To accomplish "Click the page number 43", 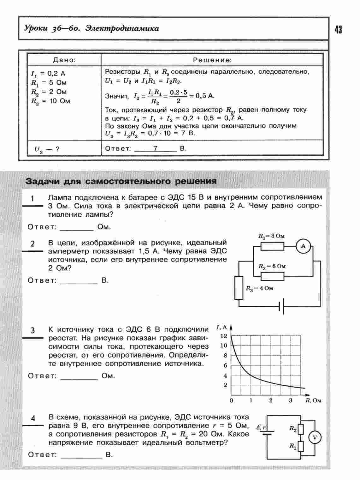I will click(338, 30).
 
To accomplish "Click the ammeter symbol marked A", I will click(303, 246).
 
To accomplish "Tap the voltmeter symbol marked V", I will click(315, 438).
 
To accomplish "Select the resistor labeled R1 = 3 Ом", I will click(272, 246).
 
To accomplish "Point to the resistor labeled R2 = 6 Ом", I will click(272, 276).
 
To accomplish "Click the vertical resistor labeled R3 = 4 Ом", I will click(239, 288).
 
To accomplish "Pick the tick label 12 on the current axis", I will click(224, 336).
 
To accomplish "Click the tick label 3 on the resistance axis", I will click(291, 400).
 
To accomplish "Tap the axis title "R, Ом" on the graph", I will click(313, 400).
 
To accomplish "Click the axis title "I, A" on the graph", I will click(221, 327).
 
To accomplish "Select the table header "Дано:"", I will click(64, 60).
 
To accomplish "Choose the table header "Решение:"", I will click(212, 60).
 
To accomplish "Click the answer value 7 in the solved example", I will click(155, 148).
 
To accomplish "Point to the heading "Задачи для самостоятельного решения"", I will click(121, 181).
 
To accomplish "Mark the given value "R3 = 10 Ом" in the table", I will click(50, 101).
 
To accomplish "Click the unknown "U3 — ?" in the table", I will click(47, 149).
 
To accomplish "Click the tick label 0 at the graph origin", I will click(232, 400).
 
